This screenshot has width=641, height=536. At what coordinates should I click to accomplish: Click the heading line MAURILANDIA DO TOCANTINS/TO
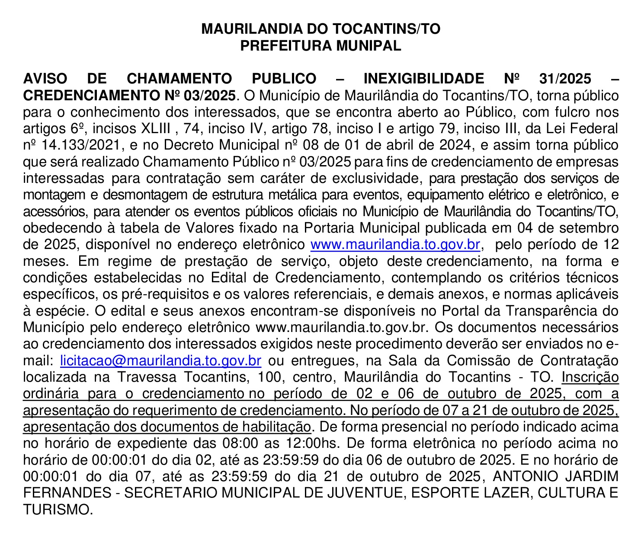pyautogui.click(x=320, y=29)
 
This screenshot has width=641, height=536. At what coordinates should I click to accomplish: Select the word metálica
pyautogui.click(x=297, y=195)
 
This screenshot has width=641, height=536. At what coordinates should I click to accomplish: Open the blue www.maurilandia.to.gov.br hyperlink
pyautogui.click(x=395, y=245)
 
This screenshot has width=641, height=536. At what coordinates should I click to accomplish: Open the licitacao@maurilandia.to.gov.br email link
pyautogui.click(x=160, y=361)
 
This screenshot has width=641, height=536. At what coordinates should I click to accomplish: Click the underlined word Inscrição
pyautogui.click(x=590, y=377)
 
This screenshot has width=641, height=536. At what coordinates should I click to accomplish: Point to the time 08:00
pyautogui.click(x=240, y=443)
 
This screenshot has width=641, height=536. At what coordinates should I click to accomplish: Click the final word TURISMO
pyautogui.click(x=58, y=510)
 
